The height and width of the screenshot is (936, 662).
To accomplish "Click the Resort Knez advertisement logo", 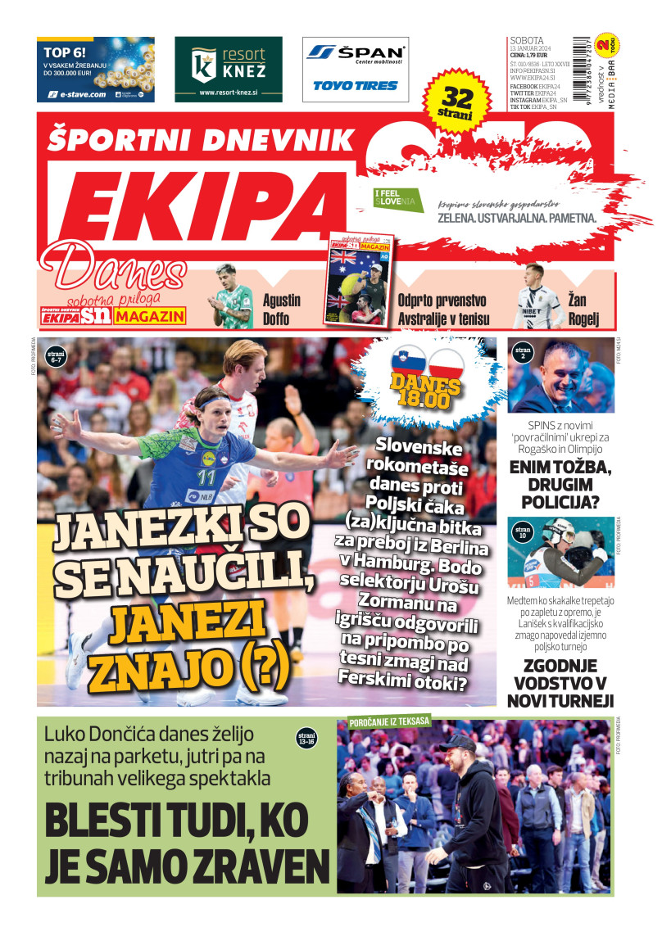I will pyautogui.click(x=229, y=69).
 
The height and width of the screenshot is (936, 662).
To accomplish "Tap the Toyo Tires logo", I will pyautogui.click(x=355, y=85).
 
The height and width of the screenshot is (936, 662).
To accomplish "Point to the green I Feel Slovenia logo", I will pyautogui.click(x=398, y=200).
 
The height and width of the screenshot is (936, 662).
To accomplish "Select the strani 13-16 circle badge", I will pyautogui.click(x=306, y=739).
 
